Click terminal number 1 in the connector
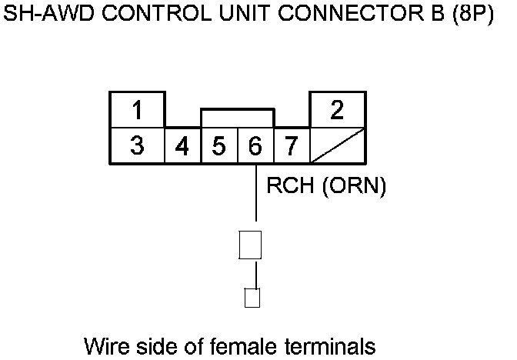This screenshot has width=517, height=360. point(137,110)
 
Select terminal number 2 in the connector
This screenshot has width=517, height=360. point(337,110)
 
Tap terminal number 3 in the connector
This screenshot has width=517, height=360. point(137,146)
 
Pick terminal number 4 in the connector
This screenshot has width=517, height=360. point(183,146)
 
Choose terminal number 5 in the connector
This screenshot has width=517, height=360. point(219,146)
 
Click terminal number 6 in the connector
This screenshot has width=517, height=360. point(255,146)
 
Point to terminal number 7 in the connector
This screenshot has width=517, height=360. point(291,146)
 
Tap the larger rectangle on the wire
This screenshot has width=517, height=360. point(251,245)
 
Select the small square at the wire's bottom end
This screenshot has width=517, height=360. point(251,298)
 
